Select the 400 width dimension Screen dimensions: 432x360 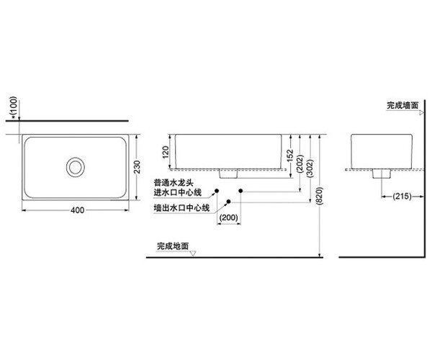pos(78,210)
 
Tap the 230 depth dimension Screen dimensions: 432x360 pos(137,167)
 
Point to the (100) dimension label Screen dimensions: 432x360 pos(13,105)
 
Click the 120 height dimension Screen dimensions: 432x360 pos(166,153)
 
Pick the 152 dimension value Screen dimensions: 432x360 pos(290,156)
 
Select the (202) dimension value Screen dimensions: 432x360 pos(300,163)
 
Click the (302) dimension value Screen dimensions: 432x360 pos(310,168)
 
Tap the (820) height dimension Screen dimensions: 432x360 pos(319,196)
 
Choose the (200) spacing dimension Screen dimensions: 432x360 pos(229,217)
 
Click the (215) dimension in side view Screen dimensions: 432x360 pos(402,197)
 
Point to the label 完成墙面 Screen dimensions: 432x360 pos(402,105)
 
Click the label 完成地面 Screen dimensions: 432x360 pos(173,246)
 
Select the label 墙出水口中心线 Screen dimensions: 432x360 pos(181,207)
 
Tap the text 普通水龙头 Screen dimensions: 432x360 pos(174,183)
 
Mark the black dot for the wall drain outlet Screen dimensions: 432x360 pos(228,202)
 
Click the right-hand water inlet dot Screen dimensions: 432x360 pos(240,191)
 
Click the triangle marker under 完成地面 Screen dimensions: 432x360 pos(193,253)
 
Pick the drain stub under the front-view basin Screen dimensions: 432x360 pos(228,174)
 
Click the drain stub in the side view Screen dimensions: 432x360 pos(382,174)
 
